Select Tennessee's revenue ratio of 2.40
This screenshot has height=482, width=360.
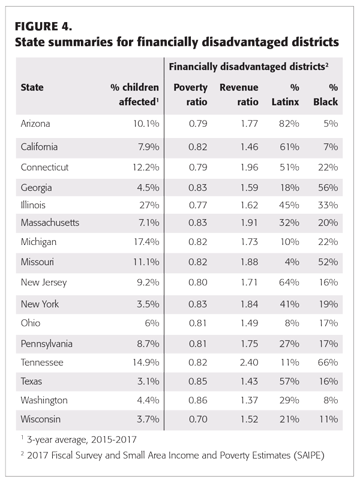tap(247, 363)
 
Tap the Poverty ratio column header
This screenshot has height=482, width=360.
tap(190, 94)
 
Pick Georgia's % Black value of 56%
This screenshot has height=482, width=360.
tap(326, 187)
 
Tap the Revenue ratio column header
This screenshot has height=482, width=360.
tap(239, 94)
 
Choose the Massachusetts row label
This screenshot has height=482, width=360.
tap(50, 223)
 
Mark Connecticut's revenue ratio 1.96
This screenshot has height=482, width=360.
tap(247, 166)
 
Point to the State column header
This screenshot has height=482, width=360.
tap(32, 88)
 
